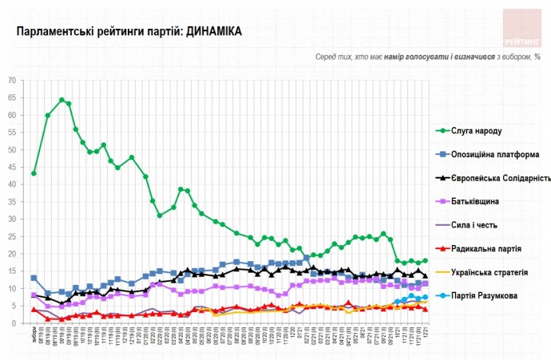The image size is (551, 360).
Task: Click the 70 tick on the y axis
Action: click(x=22, y=81)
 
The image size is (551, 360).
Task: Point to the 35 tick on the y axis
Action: click(x=22, y=202)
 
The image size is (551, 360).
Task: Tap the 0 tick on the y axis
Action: click(x=24, y=323)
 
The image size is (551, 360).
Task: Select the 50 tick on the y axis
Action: click(x=22, y=150)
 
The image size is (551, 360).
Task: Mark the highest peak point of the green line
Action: click(x=61, y=100)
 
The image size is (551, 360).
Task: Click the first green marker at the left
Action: click(x=34, y=173)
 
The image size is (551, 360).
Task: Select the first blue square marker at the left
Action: click(x=34, y=278)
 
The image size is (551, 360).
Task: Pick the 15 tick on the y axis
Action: click(x=22, y=271)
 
